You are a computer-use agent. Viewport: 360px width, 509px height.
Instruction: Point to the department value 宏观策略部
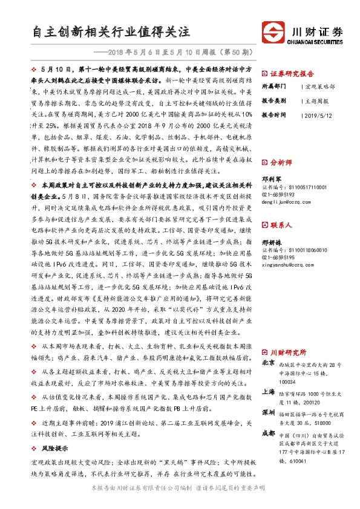(x=321, y=86)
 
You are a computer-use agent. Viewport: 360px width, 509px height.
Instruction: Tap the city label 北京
(x=269, y=364)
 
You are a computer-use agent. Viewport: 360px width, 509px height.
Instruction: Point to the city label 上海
(x=269, y=392)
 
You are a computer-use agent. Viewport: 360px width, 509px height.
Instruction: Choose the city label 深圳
(x=269, y=412)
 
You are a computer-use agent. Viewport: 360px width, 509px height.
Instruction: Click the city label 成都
(x=269, y=433)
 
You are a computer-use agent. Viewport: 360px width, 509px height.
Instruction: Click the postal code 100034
(x=288, y=381)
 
